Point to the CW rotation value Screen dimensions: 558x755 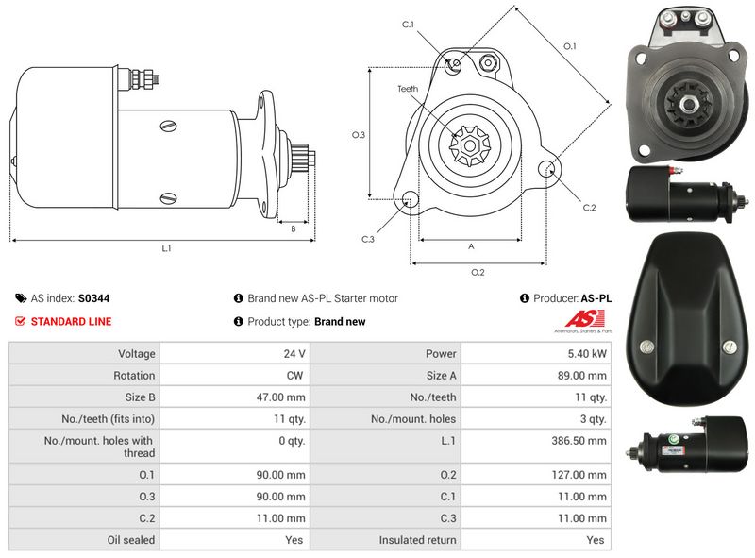point(295,375)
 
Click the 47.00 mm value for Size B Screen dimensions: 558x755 point(282,397)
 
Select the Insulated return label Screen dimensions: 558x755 point(418,540)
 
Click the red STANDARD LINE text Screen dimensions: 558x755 point(71,322)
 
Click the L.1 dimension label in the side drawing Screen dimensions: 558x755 point(166,249)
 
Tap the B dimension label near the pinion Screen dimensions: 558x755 point(294,228)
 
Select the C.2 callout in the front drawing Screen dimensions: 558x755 point(589,208)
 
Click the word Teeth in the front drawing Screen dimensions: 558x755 point(407,89)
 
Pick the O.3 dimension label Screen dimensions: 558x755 point(358,135)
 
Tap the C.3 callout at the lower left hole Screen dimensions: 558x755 point(368,239)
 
